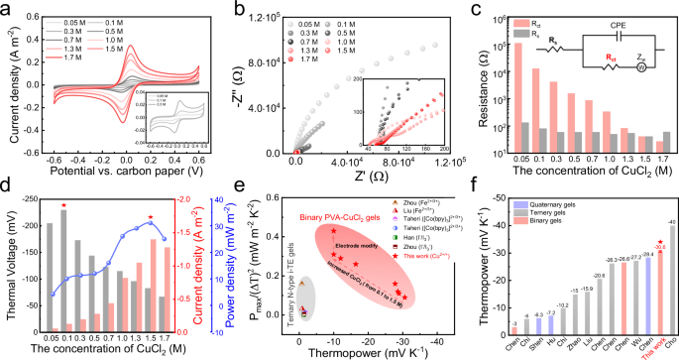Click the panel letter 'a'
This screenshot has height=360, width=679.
click(x=6, y=8)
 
